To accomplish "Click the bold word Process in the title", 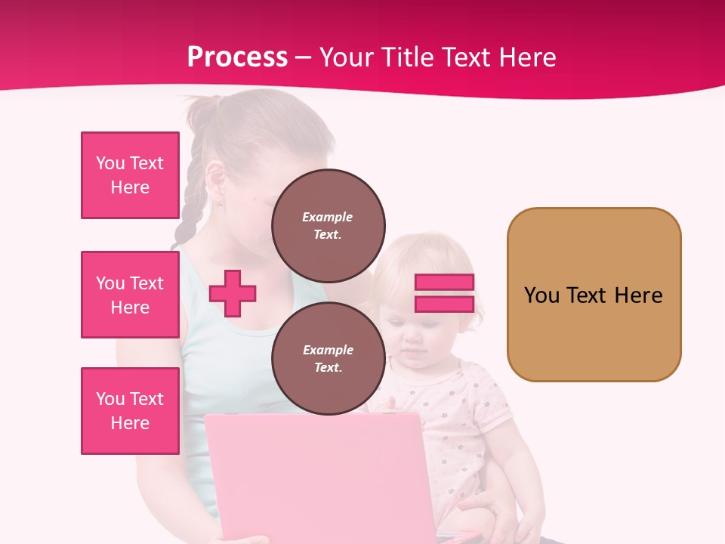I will pos(237,57).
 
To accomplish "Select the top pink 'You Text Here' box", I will pos(130,175).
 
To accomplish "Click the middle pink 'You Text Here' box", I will pos(130,295).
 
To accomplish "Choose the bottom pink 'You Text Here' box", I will pos(130,410).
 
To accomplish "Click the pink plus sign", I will pos(233,293).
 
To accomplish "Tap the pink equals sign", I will pos(444,293).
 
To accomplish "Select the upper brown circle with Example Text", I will pos(328,225).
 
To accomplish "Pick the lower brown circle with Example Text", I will pos(328,358).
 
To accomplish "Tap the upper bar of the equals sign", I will pos(444,282).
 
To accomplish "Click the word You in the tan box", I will pos(541,295).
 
